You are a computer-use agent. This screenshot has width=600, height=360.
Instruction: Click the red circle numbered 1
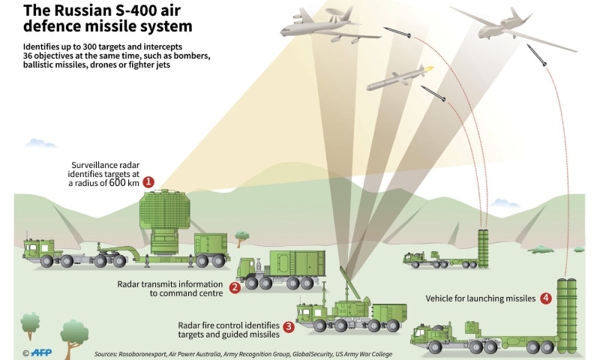tap(148, 182)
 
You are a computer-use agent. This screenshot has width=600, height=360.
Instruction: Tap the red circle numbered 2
tap(235, 288)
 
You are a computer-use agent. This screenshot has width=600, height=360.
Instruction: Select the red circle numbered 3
tap(289, 326)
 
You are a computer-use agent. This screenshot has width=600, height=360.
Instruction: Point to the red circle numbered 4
tap(546, 298)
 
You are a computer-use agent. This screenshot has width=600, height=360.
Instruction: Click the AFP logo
tap(41, 352)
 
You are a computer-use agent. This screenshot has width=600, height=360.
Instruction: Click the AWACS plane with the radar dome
tap(329, 27)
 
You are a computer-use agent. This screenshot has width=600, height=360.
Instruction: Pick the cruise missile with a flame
tap(400, 78)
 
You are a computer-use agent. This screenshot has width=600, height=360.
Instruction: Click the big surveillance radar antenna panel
tap(164, 211)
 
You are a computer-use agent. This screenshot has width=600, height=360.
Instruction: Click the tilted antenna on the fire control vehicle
tap(349, 283)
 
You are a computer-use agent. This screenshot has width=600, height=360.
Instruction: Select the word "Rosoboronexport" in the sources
tap(142, 354)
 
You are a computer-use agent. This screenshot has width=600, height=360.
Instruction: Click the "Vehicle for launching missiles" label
tap(481, 298)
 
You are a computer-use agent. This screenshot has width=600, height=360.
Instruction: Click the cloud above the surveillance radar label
tap(40, 144)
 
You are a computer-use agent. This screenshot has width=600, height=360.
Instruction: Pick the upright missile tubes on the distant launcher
tap(483, 248)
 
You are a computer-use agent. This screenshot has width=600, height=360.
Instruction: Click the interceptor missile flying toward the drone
tap(536, 55)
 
